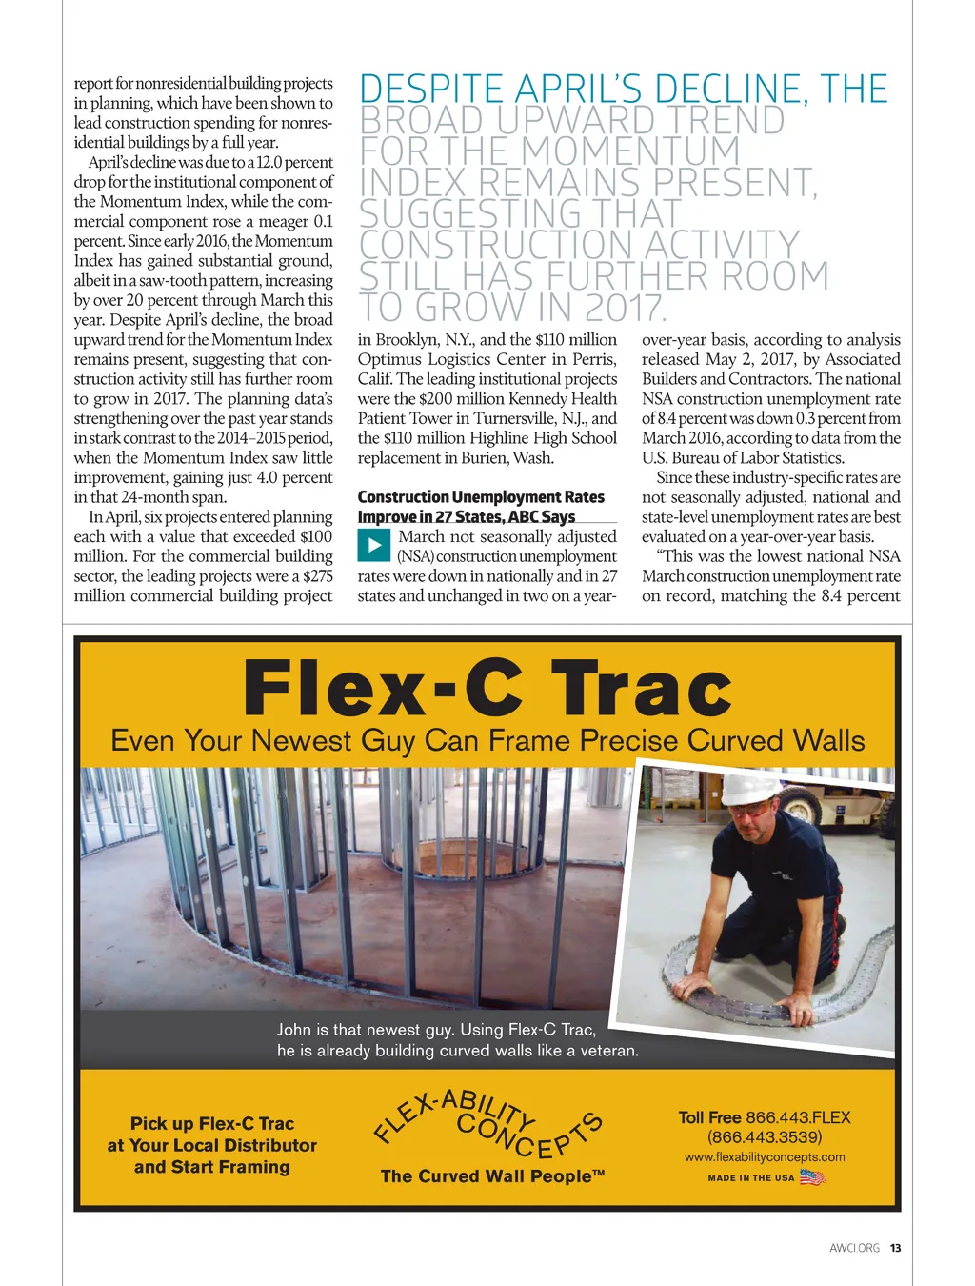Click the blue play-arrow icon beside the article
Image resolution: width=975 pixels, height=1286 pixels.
point(374,545)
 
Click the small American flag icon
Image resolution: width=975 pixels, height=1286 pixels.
point(811,1177)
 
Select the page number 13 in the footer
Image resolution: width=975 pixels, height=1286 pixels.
point(895,1248)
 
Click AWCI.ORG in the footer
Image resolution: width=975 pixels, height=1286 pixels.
point(854,1248)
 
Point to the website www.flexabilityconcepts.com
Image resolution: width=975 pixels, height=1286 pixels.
point(765,1157)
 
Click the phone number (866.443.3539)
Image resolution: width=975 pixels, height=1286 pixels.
point(765,1137)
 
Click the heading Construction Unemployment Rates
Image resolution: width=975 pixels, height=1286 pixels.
point(481,497)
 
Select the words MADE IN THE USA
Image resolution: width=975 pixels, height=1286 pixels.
point(750,1178)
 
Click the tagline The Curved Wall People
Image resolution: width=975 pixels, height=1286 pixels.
point(492,1176)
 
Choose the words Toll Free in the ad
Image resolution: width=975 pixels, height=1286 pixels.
point(709,1117)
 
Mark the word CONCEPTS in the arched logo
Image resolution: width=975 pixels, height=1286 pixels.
point(529,1134)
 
